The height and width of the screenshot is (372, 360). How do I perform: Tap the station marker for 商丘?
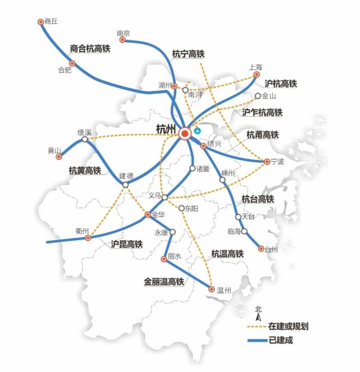pos(40,22)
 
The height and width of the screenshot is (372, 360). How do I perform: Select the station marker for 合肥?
pos(72,63)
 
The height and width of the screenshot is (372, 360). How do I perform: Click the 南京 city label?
pos(124,34)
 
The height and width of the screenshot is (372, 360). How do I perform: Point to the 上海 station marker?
pos(257,74)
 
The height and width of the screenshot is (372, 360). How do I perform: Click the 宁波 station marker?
pos(267,162)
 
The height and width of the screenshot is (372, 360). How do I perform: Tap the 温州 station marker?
pos(212,290)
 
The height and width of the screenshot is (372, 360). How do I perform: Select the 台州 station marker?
pos(261,249)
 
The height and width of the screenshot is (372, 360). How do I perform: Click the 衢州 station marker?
pos(88,238)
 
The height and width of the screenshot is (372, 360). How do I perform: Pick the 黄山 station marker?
pos(58,157)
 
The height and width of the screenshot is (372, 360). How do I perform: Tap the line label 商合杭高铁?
pos(90,49)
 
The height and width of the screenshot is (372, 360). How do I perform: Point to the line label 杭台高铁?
pos(257,199)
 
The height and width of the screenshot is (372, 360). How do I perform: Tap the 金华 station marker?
pos(148,214)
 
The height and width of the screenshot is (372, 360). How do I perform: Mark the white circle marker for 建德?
pos(125,184)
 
